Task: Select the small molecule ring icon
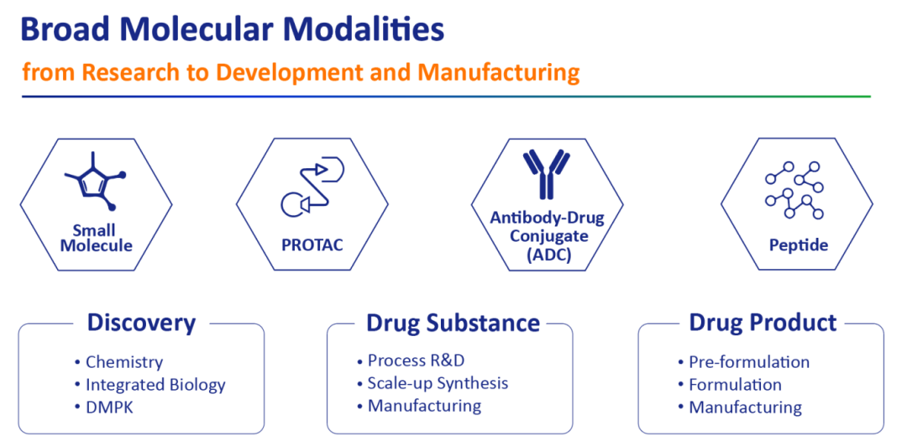pos(93,181)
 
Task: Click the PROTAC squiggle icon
pos(312,186)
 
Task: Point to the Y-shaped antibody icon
pos(547,173)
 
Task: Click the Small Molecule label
pos(97,238)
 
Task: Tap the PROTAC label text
pos(312,245)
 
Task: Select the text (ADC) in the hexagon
pos(547,255)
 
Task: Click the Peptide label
pos(799,245)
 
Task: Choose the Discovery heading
pos(142,323)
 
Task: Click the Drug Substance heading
pos(453,323)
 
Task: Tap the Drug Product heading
pos(763,323)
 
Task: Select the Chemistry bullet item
pos(119,362)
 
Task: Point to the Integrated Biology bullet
pos(150,385)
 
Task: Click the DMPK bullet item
pos(104,407)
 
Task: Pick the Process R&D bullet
pos(411,360)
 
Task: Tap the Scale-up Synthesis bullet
pos(433,383)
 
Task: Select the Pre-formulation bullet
pos(744,362)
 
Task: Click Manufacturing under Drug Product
pos(740,407)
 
